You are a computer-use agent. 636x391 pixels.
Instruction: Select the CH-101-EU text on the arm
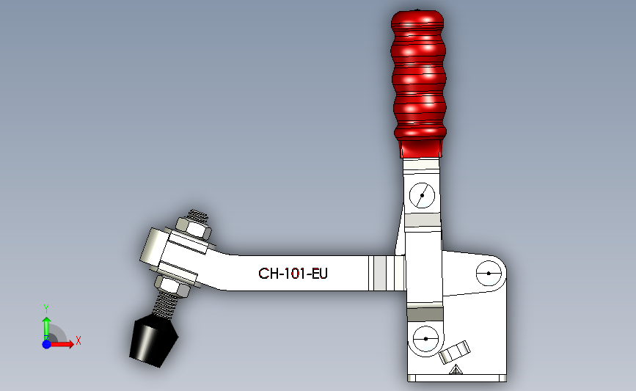point(293,274)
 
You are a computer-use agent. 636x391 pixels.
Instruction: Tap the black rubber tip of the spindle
point(153,341)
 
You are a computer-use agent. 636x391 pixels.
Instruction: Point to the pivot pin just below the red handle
point(422,195)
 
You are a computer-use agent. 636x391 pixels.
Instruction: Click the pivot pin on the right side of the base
point(488,274)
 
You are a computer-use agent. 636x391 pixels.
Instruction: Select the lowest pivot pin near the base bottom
point(425,339)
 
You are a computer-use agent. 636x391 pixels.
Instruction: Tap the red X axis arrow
point(62,343)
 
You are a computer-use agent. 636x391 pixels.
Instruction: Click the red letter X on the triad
point(78,340)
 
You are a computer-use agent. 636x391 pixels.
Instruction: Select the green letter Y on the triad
point(46,309)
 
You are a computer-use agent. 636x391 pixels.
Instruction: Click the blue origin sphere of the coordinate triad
point(46,343)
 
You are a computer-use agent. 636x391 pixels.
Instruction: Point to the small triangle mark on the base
point(456,370)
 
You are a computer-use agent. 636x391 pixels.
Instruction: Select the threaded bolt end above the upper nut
point(197,214)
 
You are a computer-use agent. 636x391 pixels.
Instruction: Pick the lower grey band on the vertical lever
point(425,314)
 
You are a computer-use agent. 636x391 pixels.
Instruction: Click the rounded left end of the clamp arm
point(150,246)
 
